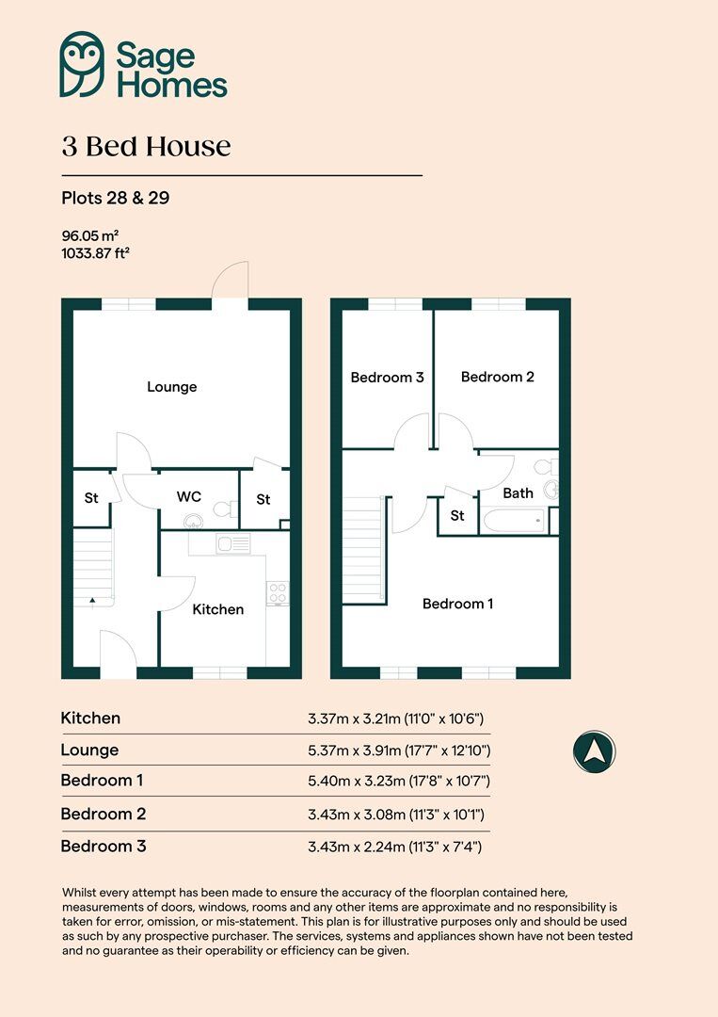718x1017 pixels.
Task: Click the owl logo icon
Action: coord(82,64)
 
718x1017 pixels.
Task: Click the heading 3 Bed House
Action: coord(146,147)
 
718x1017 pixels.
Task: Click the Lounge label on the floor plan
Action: coord(171,387)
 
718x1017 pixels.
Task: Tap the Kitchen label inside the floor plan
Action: coord(217,609)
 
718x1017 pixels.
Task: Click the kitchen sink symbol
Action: coord(232,543)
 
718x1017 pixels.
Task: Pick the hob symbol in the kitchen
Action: coord(278,592)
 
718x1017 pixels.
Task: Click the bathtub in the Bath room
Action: coord(513,521)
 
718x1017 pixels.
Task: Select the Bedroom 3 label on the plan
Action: coord(387,378)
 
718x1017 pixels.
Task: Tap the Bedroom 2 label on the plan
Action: coord(497,377)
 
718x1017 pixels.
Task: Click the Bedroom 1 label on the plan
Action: coord(457,604)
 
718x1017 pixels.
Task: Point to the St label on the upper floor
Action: coord(457,515)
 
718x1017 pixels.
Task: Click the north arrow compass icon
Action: coord(594,753)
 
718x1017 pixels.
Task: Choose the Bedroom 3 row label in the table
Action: coord(104,846)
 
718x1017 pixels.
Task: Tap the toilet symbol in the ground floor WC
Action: coord(224,509)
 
